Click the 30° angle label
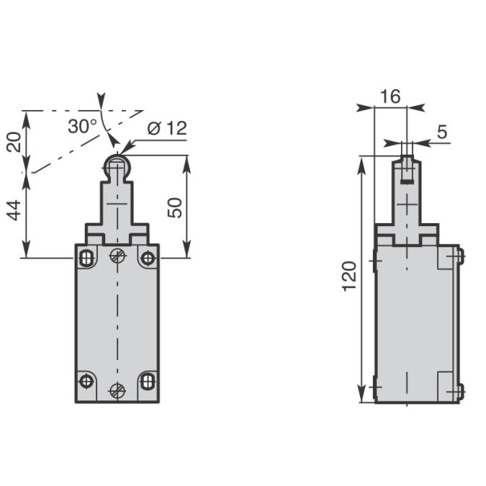pos(83,127)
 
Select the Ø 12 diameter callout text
pos(168,128)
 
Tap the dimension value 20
pos(14,142)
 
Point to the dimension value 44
pos(14,210)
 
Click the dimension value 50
pos(175,207)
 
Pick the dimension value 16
pos(390,96)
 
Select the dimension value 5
pos(442,132)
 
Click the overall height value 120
pos(349,276)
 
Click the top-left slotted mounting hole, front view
pos(86,258)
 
